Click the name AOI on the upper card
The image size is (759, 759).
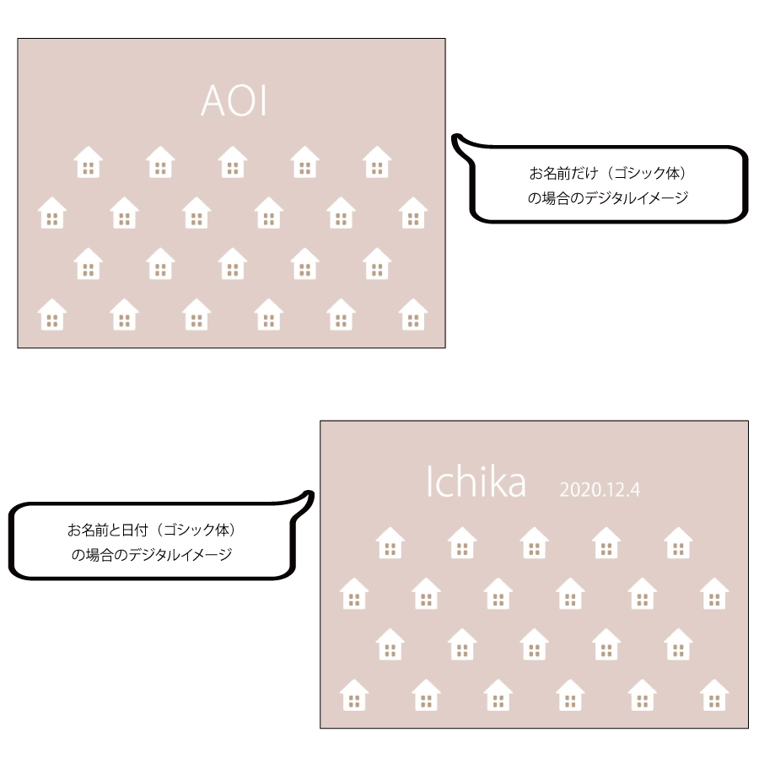point(234,100)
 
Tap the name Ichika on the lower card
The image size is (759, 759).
point(476,482)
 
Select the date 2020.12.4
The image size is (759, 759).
point(600,490)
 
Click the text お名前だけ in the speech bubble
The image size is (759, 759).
point(563,173)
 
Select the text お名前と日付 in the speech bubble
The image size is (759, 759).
point(107,530)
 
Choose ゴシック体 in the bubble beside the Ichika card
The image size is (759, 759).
point(196,530)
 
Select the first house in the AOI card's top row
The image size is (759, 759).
point(88,162)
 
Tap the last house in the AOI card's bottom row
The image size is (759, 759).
point(413,315)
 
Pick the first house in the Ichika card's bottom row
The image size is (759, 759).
point(354,695)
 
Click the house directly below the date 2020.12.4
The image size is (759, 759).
point(606,542)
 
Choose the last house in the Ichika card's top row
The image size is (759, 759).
point(678,542)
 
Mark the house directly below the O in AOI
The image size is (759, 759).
point(233,162)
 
